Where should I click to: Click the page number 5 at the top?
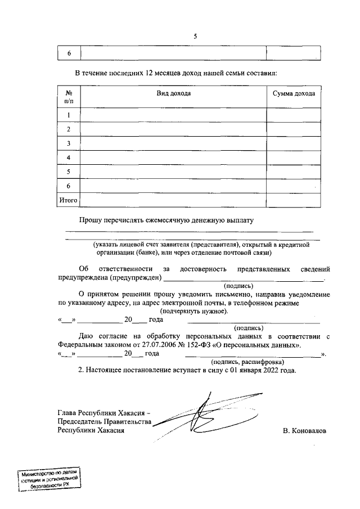point(195,36)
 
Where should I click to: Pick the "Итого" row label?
point(69,200)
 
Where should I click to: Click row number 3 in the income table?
point(69,143)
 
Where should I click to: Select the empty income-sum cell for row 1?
point(294,115)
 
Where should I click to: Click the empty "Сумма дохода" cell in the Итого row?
point(294,200)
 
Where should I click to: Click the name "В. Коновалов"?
point(305,430)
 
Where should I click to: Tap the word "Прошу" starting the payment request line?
point(89,220)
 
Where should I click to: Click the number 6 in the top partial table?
point(69,53)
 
